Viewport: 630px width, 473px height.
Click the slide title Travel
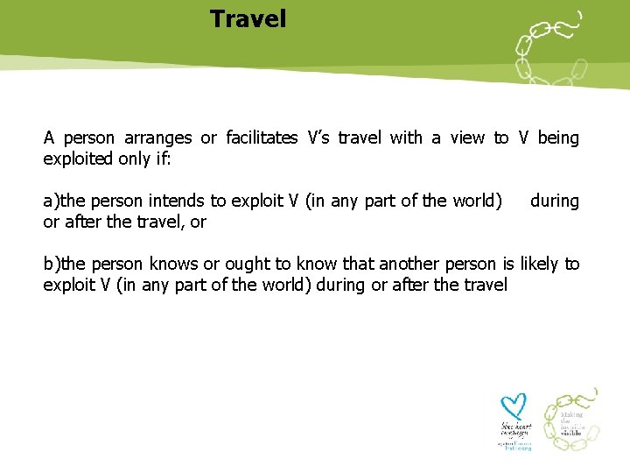248,18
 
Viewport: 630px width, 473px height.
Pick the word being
558,138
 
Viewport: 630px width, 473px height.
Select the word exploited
80,159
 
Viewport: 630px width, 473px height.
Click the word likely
541,265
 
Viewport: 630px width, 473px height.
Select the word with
405,138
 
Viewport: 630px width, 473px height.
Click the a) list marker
51,201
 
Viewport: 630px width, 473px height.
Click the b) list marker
51,265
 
